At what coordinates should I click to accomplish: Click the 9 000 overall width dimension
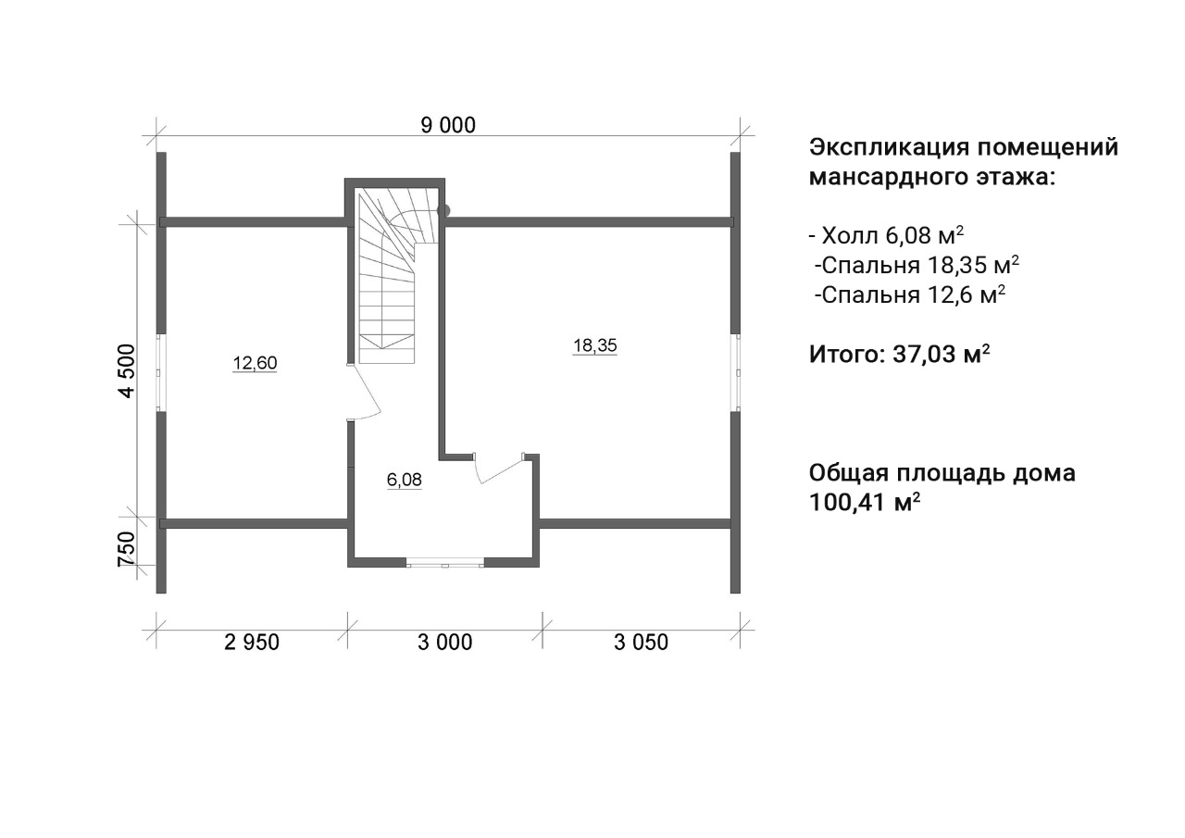447,126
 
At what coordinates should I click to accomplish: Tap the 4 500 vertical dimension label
127,370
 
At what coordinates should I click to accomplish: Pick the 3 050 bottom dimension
640,643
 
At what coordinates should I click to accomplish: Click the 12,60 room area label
255,363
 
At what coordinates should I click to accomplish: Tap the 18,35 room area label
594,346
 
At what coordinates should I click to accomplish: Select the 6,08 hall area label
404,480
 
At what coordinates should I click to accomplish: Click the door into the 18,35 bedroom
498,468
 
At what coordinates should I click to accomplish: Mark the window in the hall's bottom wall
445,562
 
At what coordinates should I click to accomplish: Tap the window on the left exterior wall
161,371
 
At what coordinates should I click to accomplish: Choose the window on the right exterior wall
736,371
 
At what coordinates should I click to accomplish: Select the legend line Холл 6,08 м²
880,233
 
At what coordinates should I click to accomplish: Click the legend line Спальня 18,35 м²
917,265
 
